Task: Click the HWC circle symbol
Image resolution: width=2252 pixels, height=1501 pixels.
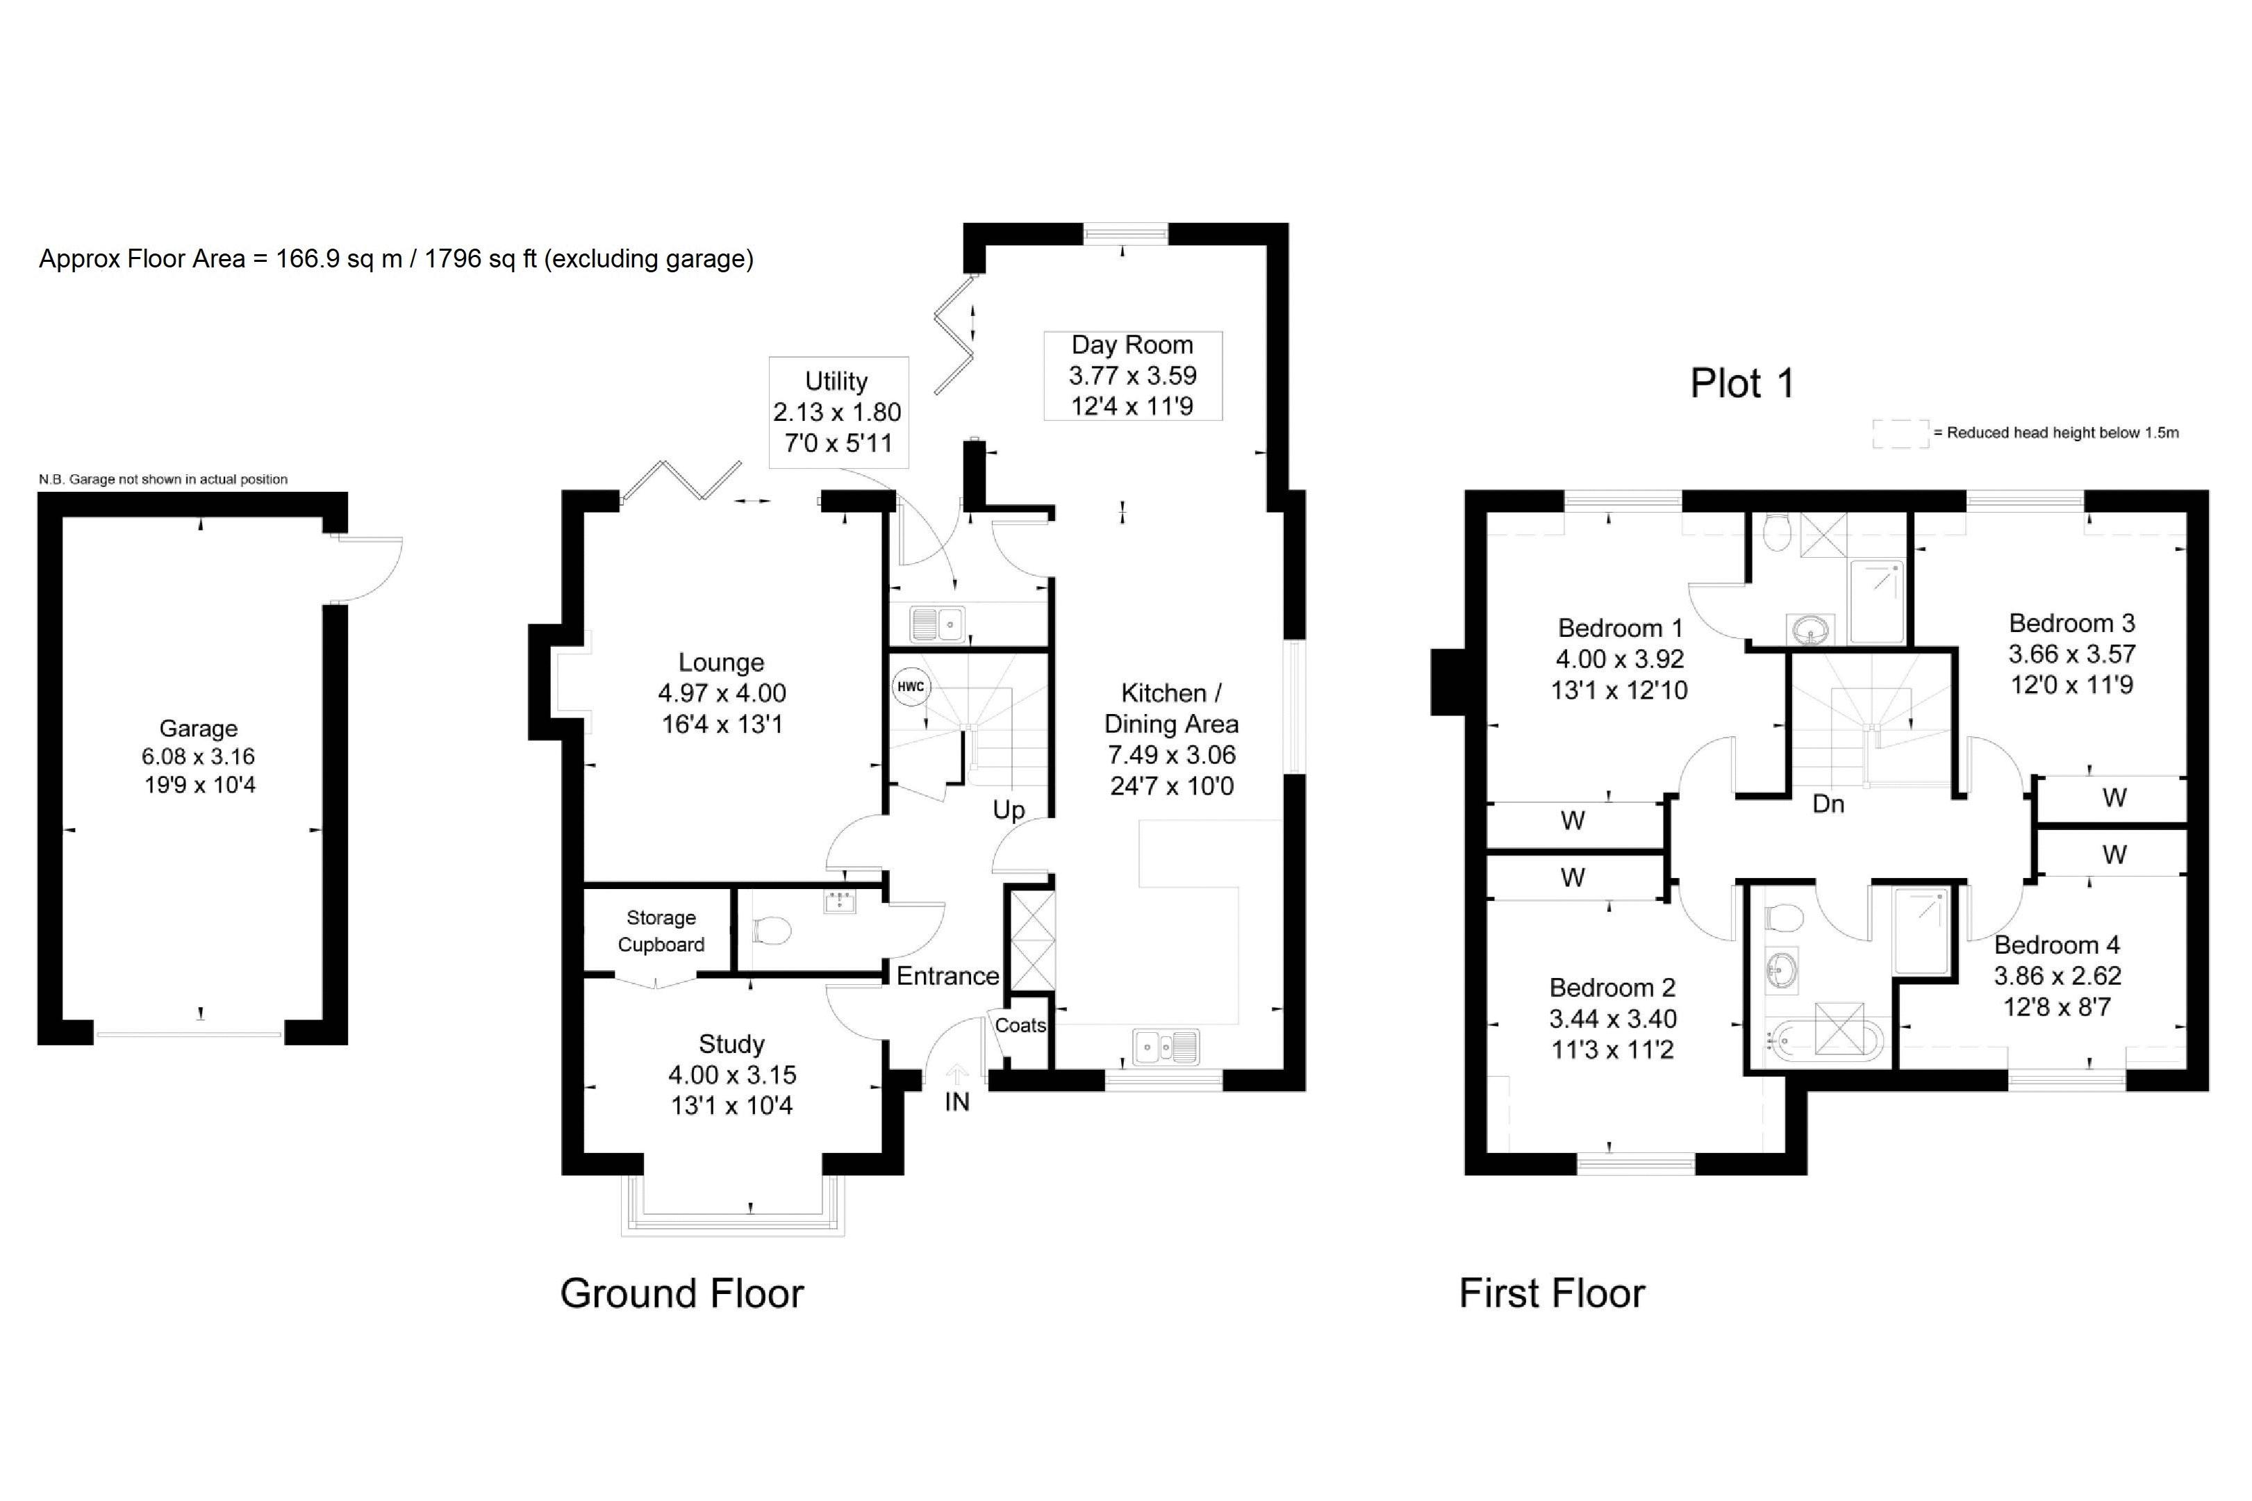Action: click(x=910, y=686)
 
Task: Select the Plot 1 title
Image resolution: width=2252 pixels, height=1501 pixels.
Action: click(x=1742, y=383)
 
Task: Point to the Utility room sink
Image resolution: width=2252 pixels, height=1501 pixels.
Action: click(x=937, y=625)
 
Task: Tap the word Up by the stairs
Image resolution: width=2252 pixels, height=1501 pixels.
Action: click(x=1009, y=810)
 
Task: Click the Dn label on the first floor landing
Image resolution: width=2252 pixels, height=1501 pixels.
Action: click(x=1828, y=803)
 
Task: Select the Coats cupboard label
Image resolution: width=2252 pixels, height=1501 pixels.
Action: click(x=1020, y=1025)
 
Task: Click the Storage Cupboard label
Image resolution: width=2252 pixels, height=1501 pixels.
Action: click(x=661, y=931)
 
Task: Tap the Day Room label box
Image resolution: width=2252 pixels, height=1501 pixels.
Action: click(x=1132, y=375)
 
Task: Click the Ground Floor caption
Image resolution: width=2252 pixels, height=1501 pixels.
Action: click(x=681, y=1293)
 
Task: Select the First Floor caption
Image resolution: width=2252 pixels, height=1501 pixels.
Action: click(x=1551, y=1293)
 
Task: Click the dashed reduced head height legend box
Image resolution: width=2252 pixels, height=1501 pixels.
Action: click(x=1901, y=433)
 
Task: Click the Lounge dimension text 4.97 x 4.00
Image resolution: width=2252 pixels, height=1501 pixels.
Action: click(x=722, y=693)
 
